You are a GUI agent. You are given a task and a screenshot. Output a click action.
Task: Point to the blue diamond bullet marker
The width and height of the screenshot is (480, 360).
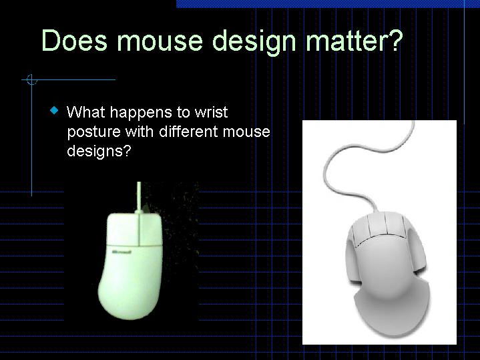[54, 110]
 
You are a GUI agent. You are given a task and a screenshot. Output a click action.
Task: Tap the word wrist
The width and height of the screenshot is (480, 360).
[209, 112]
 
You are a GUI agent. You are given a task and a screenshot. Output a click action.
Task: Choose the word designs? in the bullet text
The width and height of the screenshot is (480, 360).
[98, 151]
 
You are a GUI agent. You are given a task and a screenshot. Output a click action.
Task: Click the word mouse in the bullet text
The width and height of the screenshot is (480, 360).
[246, 132]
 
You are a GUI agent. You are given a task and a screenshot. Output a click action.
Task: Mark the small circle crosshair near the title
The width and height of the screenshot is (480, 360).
[31, 80]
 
